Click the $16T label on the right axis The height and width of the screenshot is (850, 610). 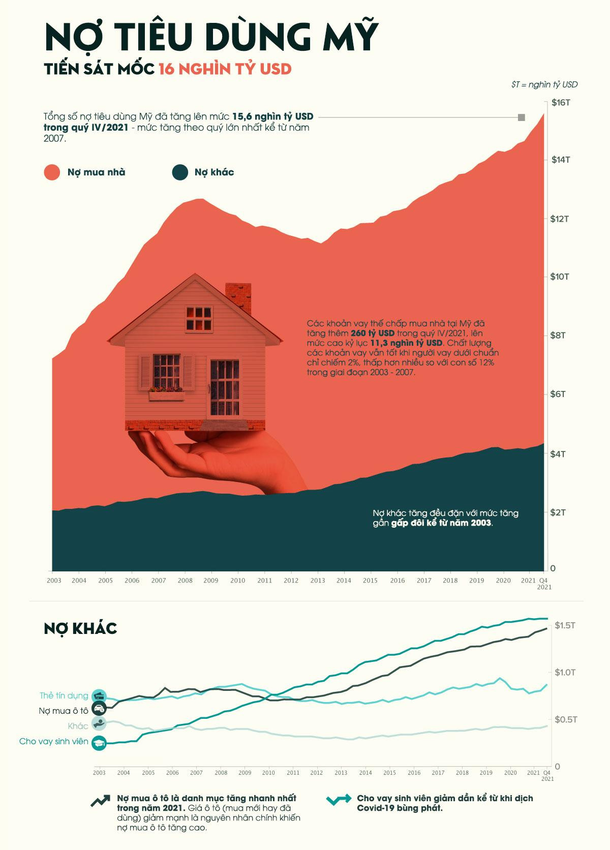coord(561,102)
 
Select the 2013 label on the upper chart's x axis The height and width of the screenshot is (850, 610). coord(317,581)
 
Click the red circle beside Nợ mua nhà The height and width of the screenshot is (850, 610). coord(52,172)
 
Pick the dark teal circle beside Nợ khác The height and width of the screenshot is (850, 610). coord(180,172)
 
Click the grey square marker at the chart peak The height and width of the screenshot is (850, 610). coord(521,117)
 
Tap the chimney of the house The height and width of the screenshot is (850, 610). coord(238,297)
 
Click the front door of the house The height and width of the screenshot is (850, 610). coord(224,387)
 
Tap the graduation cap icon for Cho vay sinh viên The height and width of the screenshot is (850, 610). coord(99,743)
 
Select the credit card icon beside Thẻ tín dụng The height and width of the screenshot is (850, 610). coord(99,696)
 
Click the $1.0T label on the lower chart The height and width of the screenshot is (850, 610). coord(564,673)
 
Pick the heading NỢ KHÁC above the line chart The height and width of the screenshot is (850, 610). coord(80,628)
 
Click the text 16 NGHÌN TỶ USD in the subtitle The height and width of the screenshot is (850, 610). coord(225,69)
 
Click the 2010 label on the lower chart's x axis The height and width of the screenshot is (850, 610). coord(268,773)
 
